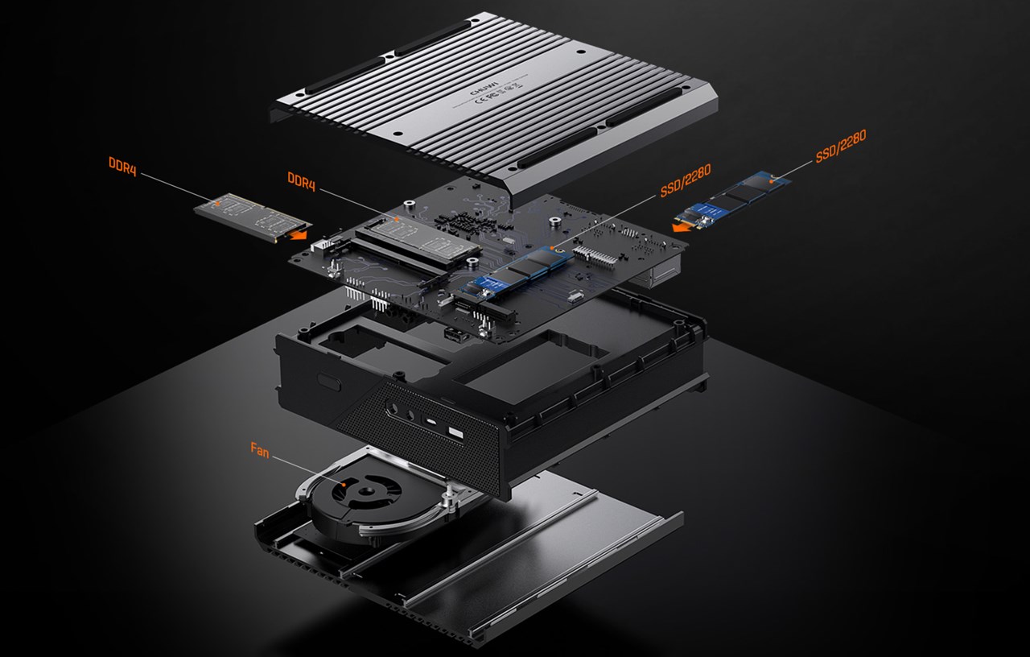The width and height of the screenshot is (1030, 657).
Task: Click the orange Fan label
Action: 259,452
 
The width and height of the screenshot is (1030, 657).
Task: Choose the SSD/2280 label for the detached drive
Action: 840,147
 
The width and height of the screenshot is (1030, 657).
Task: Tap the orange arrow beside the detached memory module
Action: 299,235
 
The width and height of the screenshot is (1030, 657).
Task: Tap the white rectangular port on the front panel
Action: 455,435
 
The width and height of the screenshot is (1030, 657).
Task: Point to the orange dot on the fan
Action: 344,485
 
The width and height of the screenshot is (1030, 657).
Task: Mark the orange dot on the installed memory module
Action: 397,218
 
